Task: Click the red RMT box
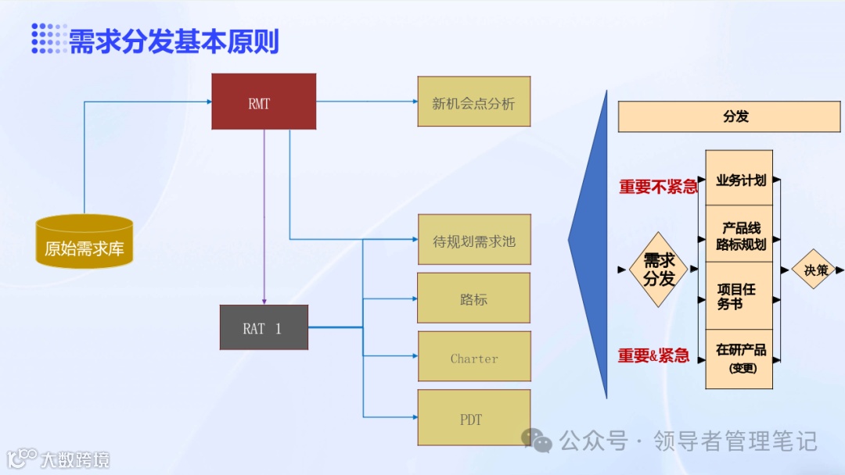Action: tap(264, 102)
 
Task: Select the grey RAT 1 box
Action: tap(264, 327)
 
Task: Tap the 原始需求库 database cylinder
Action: tap(84, 242)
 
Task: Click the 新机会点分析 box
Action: tap(473, 102)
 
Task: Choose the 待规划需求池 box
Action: tap(474, 240)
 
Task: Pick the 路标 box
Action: tap(473, 298)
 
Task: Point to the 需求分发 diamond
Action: tap(659, 270)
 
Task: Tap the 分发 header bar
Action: tap(735, 116)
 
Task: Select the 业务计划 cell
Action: tap(739, 179)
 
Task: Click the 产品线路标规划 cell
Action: tap(739, 235)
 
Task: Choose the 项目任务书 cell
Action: tap(739, 296)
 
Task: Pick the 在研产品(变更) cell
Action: tap(739, 358)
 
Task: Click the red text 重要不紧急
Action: tap(657, 187)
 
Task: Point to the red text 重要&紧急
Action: tap(653, 356)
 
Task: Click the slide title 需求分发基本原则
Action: tap(174, 41)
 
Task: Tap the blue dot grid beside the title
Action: tap(49, 38)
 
